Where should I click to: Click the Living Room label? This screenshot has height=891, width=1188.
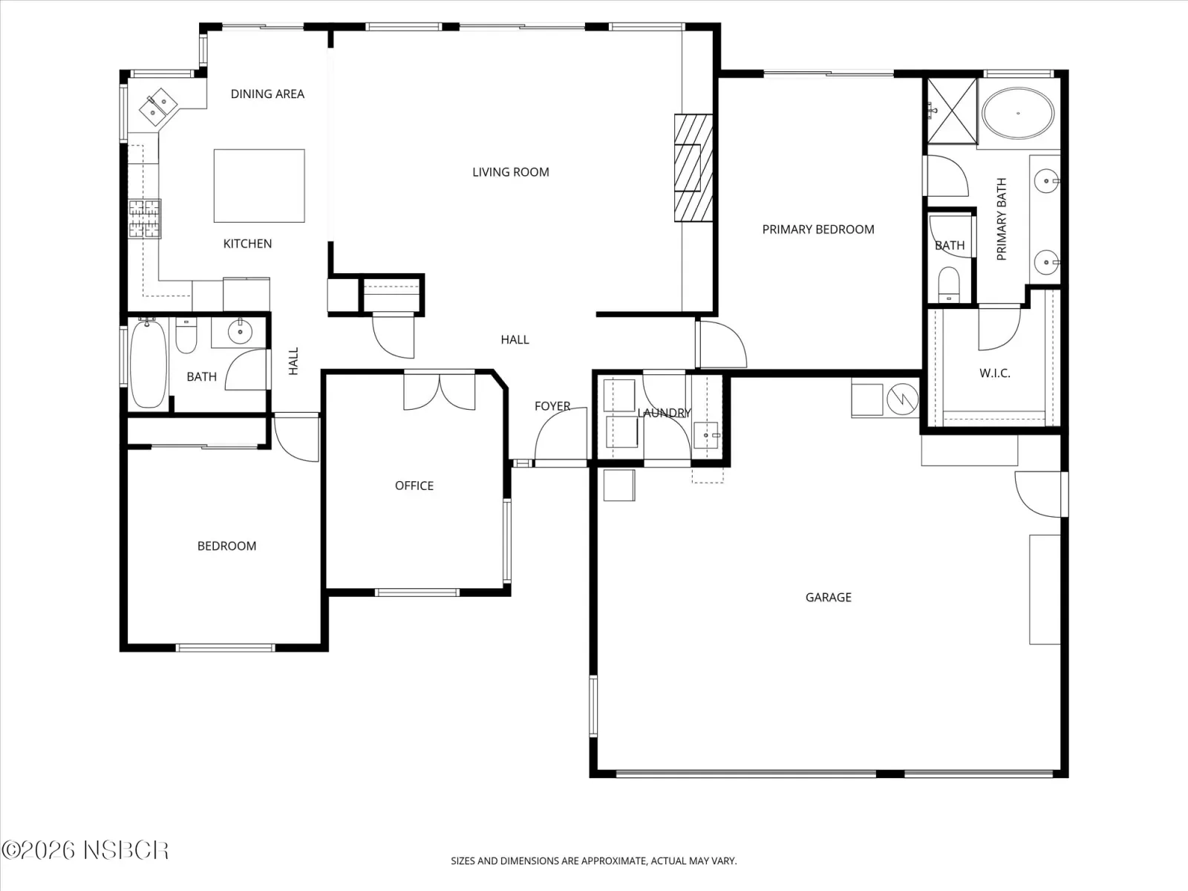pos(510,172)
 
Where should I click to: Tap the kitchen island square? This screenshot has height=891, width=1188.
pos(259,186)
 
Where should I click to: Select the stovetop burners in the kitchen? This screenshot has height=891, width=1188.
pos(145,218)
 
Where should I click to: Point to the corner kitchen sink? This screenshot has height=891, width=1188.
pos(158,107)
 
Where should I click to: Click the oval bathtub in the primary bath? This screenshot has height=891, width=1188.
pos(1018,114)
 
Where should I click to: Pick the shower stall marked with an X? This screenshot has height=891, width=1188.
pos(952,111)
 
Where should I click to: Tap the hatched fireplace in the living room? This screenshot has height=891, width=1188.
pos(693,168)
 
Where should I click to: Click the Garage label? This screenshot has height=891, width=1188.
pos(828,597)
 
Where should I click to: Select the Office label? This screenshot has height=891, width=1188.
pos(414,486)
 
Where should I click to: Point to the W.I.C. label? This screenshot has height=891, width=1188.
pos(995,373)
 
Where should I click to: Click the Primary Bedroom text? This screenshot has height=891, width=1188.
pos(817,229)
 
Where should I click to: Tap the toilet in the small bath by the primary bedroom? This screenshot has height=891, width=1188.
pos(949,284)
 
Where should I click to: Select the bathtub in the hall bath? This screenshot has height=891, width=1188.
pos(148,364)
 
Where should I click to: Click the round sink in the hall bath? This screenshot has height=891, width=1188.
pos(240,332)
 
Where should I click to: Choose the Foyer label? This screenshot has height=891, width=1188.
pos(552,405)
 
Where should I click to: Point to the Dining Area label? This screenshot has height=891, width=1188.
pos(267,94)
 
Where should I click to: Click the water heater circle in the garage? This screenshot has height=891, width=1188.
pos(903,399)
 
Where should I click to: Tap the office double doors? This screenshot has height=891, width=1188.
pos(440,390)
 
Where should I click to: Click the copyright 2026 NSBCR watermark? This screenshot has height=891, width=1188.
pos(85,850)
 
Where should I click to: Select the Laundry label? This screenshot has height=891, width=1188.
pos(664,413)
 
